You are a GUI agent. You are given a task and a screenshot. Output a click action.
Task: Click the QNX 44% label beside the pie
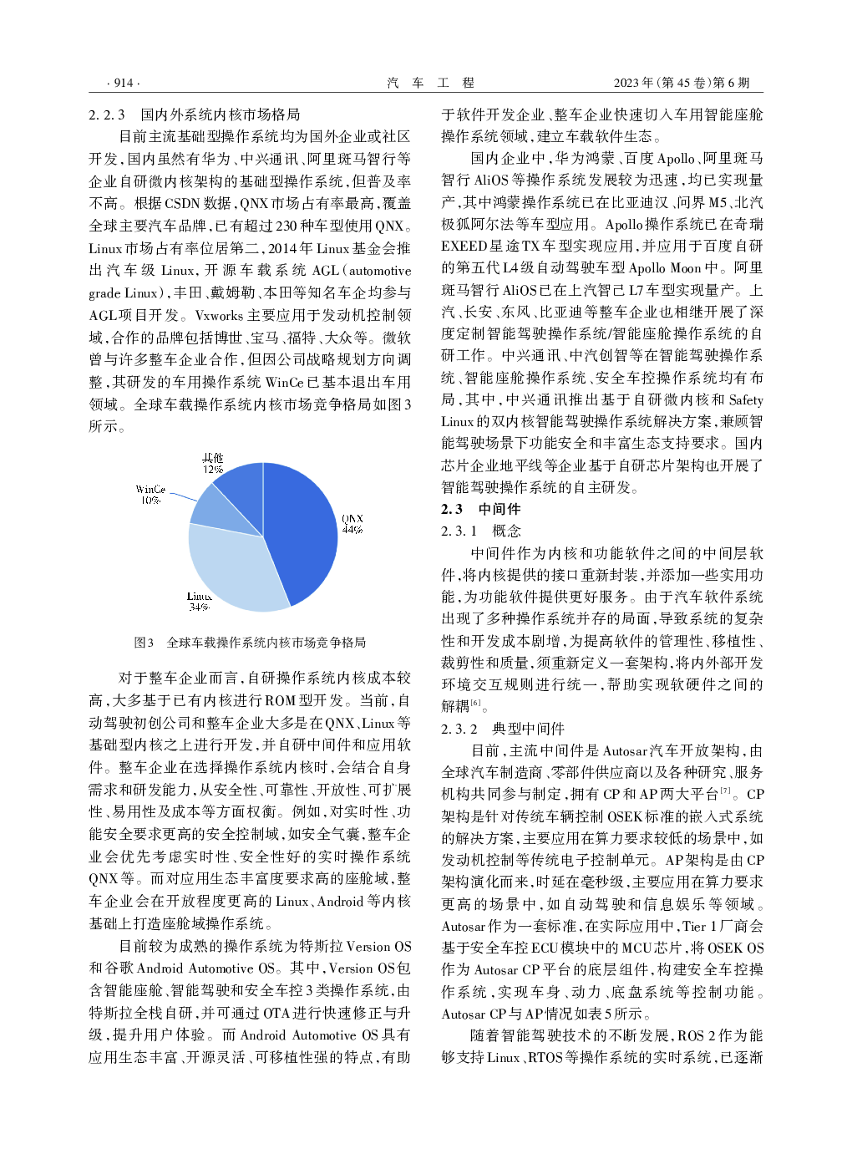click(352, 524)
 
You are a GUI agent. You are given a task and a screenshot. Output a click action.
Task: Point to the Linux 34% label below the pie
click(199, 602)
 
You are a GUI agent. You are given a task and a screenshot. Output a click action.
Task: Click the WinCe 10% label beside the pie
click(150, 495)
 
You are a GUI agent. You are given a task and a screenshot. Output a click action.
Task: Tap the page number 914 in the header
click(124, 83)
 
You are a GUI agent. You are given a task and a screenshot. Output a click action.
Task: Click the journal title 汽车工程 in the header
click(430, 83)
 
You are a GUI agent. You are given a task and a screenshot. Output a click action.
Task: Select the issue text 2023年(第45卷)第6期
click(682, 83)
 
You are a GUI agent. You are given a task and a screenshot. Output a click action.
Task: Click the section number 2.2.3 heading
click(107, 114)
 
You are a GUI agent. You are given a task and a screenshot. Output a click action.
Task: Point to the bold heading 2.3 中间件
click(480, 509)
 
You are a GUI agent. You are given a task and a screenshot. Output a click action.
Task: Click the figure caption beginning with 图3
click(250, 643)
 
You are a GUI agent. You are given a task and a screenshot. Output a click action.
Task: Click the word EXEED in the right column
click(464, 246)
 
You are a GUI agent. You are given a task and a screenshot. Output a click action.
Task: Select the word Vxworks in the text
click(220, 316)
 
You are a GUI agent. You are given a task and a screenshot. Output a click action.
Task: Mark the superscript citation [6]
click(475, 703)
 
